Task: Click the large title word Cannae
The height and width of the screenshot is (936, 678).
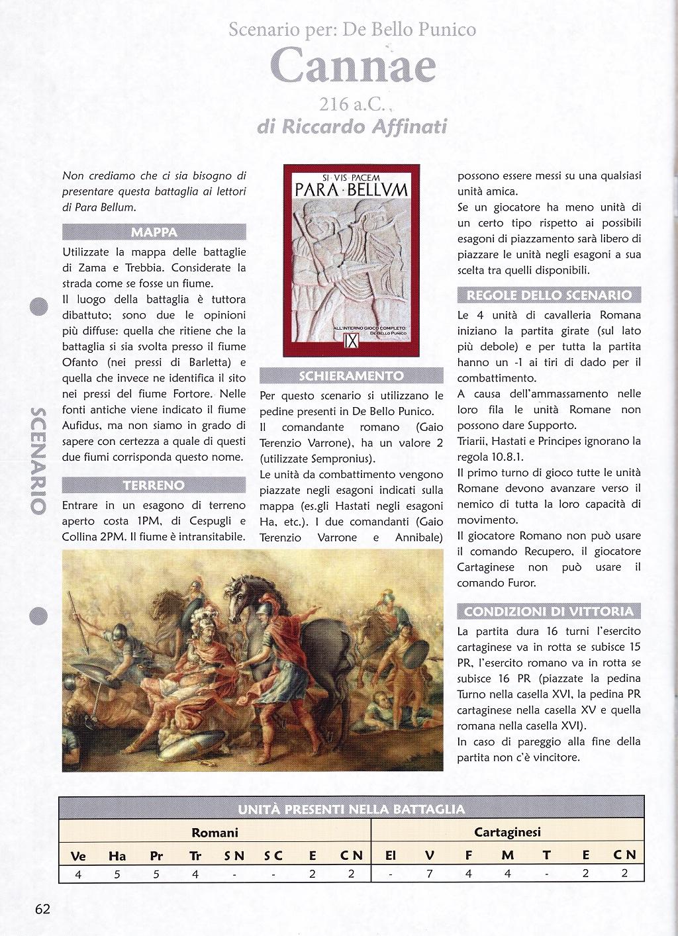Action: (x=353, y=66)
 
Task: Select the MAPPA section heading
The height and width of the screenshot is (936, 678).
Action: (x=154, y=232)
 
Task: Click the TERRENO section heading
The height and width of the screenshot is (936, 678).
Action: (x=154, y=485)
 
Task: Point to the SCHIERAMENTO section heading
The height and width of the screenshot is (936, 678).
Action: (x=351, y=376)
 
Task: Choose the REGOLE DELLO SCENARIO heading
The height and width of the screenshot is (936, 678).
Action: (x=549, y=295)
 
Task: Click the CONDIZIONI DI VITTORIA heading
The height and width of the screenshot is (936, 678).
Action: (x=549, y=611)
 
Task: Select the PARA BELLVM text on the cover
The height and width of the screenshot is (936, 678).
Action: (x=351, y=190)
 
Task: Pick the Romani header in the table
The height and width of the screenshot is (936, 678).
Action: (x=215, y=833)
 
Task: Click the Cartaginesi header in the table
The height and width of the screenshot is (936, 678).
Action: (x=507, y=832)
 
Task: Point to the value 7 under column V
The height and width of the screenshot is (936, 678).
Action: (x=429, y=874)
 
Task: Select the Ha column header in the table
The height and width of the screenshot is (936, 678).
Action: (x=117, y=855)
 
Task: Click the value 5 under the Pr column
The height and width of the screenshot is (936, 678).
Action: (x=156, y=874)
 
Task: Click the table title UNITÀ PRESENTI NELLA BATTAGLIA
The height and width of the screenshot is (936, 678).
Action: (x=351, y=809)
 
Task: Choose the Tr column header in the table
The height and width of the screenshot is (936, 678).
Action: (x=195, y=855)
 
